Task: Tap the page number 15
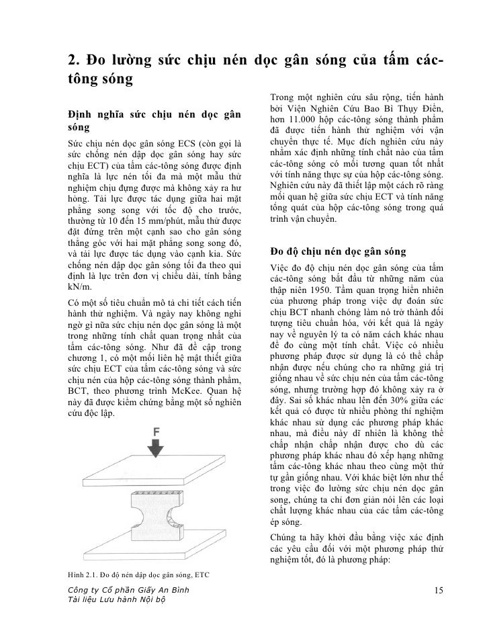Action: pyautogui.click(x=439, y=591)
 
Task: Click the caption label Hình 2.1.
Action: pyautogui.click(x=81, y=575)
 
